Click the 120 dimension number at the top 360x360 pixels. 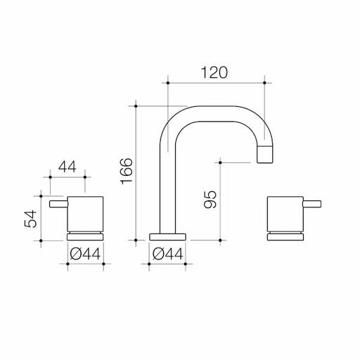pos(216,72)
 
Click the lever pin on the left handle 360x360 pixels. pos(58,205)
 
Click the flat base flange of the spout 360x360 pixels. pos(168,235)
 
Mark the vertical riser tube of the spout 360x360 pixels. pos(168,190)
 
